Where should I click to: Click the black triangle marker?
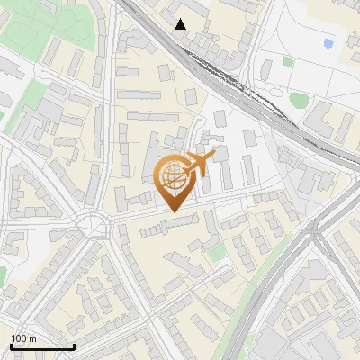[181, 24]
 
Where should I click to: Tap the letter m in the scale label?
[33, 339]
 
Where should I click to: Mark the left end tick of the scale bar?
[11, 346]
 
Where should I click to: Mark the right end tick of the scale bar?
[74, 346]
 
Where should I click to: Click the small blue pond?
[327, 42]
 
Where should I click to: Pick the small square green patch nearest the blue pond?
[288, 61]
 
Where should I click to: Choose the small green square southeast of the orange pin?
[215, 253]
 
